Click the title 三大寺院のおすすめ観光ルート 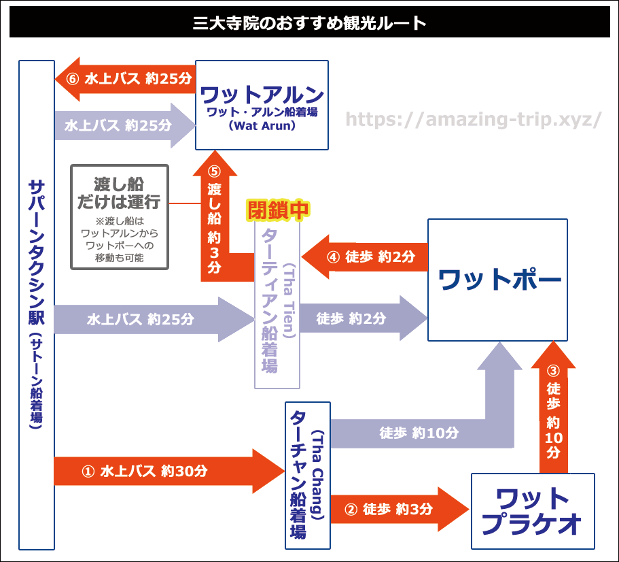(309, 24)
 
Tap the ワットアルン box (262, 105)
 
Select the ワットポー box (497, 280)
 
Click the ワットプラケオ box (533, 511)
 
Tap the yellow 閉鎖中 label (277, 210)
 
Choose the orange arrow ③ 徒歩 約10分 (553, 415)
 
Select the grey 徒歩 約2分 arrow (360, 318)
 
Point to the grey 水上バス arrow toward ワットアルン (119, 125)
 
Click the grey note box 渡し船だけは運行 (119, 216)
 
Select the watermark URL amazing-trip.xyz (474, 120)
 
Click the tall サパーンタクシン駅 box (37, 304)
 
